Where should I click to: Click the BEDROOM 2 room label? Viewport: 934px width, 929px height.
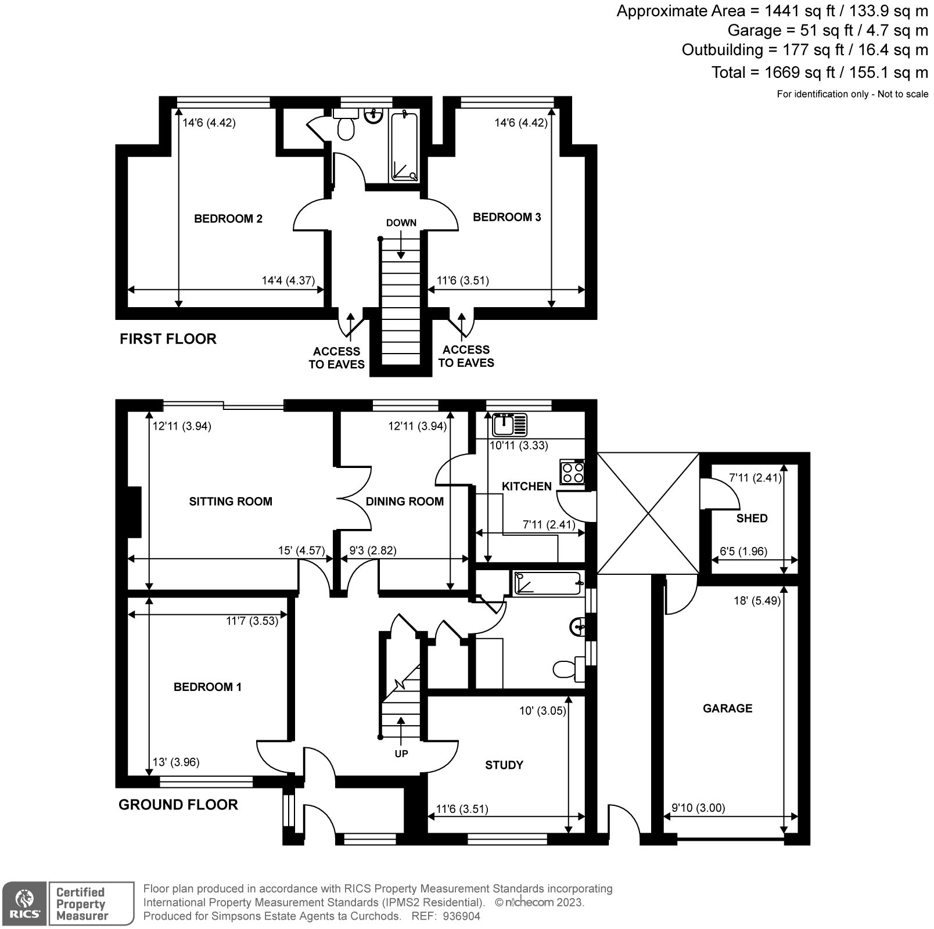[228, 219]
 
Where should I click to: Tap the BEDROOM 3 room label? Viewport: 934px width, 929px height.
[506, 217]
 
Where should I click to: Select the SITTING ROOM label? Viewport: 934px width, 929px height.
[231, 502]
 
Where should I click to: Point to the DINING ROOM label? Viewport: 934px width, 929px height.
[404, 502]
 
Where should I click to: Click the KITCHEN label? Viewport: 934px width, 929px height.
[526, 487]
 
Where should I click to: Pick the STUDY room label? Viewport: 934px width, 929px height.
[504, 765]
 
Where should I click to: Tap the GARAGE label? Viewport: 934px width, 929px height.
[727, 708]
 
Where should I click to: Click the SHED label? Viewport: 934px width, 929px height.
[752, 518]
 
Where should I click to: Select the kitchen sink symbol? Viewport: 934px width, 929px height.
[509, 425]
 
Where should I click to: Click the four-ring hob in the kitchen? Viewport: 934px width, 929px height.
[572, 471]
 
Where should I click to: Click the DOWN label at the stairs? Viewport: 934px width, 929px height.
[401, 223]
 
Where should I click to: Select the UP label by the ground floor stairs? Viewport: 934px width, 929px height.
[401, 754]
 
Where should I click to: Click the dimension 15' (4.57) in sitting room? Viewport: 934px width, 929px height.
[301, 550]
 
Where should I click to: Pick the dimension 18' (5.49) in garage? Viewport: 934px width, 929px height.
[757, 601]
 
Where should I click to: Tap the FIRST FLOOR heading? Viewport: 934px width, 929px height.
[168, 339]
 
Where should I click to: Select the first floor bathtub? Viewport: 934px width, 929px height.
[404, 147]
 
